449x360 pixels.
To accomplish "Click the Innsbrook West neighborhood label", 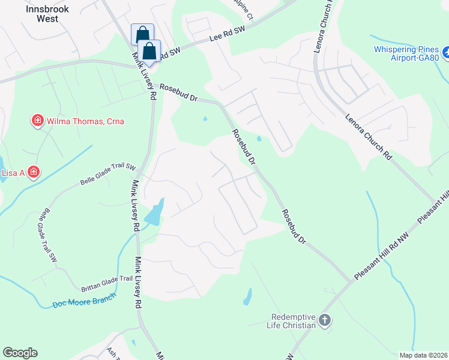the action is point(42,14).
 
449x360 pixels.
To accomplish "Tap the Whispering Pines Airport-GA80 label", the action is point(406,53).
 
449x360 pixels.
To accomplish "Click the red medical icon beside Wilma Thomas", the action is point(37,121).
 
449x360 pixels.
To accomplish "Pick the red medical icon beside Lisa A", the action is point(34,173).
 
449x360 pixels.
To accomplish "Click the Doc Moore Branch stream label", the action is point(83,300).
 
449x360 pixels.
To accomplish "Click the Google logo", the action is point(20,353).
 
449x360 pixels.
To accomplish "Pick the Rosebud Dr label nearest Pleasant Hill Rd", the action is point(295,227).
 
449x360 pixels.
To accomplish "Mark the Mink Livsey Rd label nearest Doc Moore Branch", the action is point(137,282).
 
